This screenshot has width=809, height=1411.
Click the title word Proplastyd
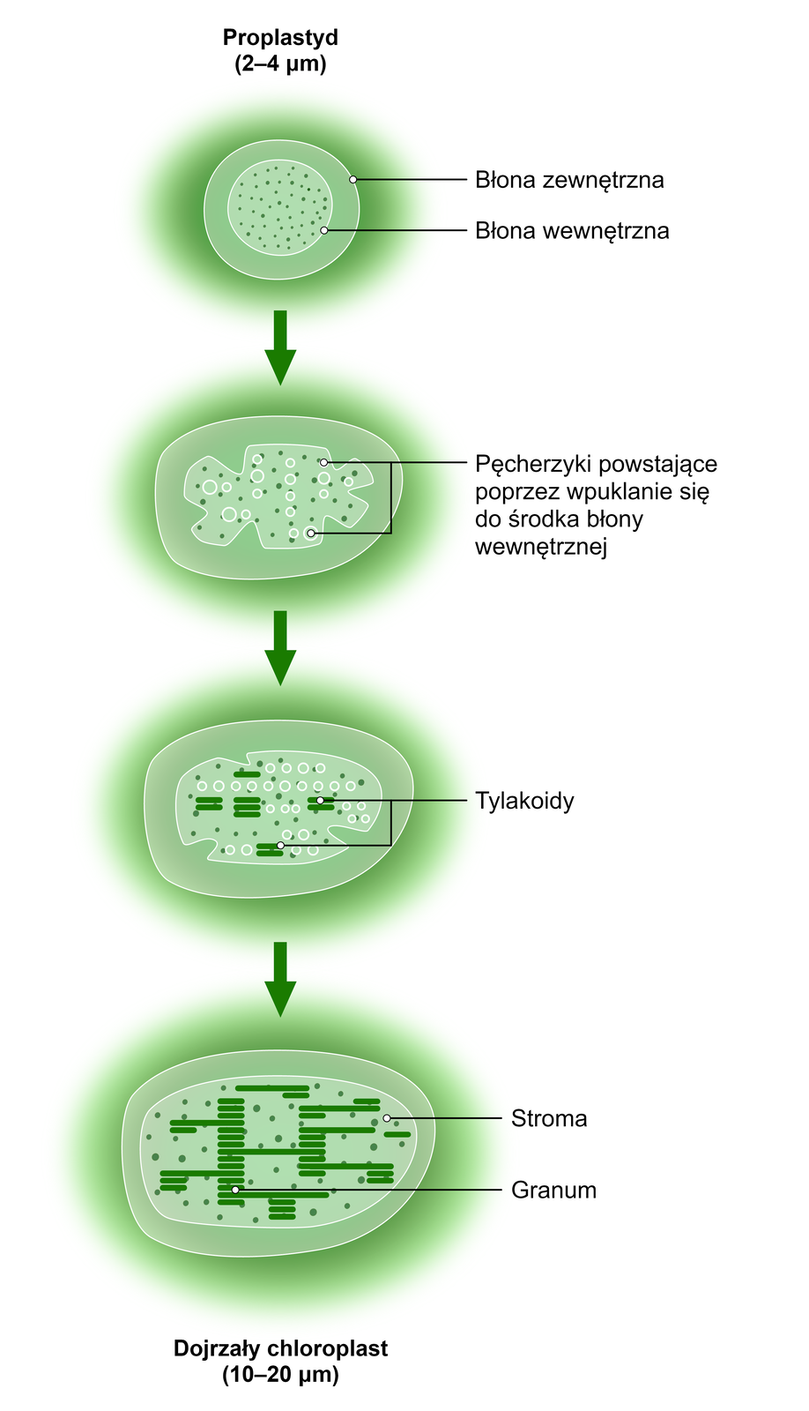[x=280, y=38]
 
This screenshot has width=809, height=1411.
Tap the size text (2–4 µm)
[x=280, y=63]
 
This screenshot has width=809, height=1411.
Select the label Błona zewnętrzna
[x=569, y=180]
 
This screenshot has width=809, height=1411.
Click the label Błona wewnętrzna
[x=572, y=231]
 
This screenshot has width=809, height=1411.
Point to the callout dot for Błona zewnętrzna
[x=353, y=179]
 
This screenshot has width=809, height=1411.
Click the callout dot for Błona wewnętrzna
[x=324, y=230]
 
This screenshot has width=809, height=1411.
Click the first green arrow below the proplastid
[x=280, y=347]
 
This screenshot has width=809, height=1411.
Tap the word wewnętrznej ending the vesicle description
[x=541, y=546]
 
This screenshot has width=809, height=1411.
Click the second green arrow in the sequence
[x=280, y=648]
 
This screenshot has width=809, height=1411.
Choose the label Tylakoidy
[x=524, y=801]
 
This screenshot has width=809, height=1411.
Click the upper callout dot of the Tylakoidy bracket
[x=321, y=801]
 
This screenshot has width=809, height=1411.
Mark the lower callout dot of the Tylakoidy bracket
[x=280, y=846]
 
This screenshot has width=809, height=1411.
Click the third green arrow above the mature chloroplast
[x=280, y=979]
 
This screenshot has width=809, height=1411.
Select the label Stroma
[x=549, y=1119]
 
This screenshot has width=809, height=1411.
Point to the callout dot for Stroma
[x=386, y=1118]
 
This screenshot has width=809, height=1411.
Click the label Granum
[x=553, y=1191]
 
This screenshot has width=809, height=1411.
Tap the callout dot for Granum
[x=235, y=1190]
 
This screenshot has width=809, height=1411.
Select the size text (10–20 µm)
[x=280, y=1374]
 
